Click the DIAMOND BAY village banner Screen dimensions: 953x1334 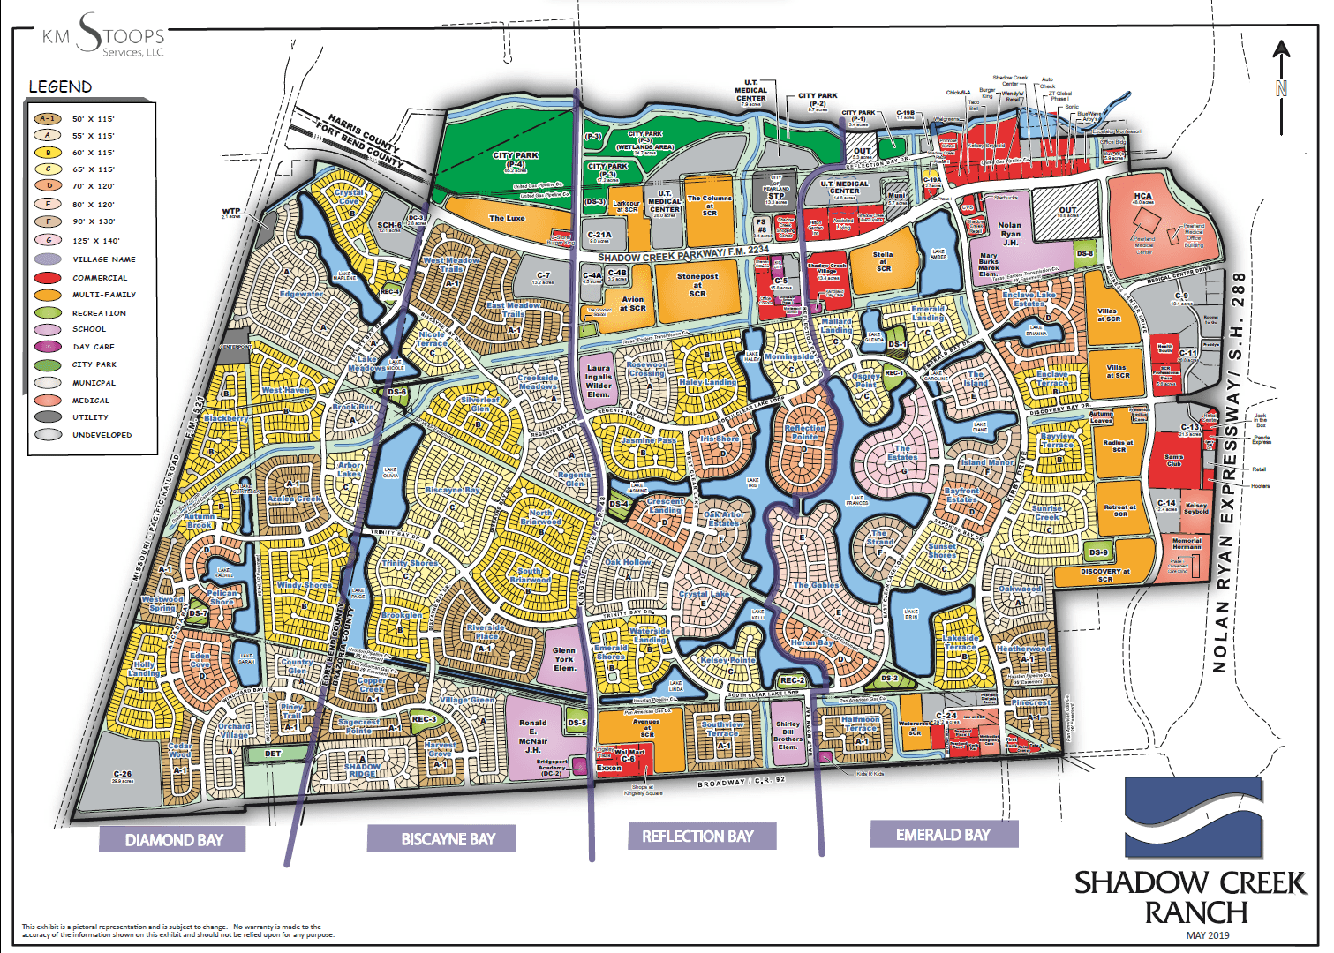173,839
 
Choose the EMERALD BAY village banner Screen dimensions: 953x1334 943,834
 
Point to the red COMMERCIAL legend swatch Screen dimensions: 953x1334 48,278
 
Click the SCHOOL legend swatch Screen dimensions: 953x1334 48,329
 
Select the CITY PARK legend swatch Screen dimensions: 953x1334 48,364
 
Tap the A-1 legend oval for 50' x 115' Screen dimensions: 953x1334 48,119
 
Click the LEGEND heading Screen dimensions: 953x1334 60,86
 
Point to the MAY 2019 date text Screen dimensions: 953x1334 1207,935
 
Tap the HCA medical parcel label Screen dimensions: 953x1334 1142,198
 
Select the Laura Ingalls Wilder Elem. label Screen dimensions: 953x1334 599,381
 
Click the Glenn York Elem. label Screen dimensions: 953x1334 564,659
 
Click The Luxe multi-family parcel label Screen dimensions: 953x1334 507,218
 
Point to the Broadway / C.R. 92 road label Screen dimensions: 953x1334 741,783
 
